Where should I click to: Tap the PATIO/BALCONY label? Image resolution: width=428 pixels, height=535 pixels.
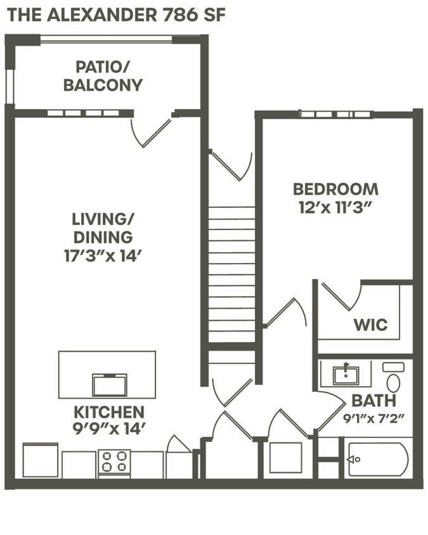[x=103, y=75]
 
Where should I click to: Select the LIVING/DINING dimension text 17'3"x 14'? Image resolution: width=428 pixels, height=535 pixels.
[x=102, y=257]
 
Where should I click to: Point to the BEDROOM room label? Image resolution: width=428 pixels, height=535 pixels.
[x=335, y=189]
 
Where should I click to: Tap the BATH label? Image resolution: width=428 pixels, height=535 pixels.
[x=373, y=401]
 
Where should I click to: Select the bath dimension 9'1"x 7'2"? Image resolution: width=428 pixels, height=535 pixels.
[x=373, y=418]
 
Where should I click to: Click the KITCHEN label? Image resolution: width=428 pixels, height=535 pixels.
[x=108, y=411]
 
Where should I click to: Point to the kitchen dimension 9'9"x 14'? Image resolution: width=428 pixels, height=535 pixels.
[x=108, y=429]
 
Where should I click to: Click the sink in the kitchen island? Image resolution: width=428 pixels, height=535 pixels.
[x=109, y=385]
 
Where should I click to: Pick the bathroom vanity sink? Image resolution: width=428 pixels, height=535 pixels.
[x=346, y=375]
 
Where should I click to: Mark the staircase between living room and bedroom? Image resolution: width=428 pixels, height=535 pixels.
[x=231, y=273]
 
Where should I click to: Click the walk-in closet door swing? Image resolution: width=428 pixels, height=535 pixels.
[x=340, y=297]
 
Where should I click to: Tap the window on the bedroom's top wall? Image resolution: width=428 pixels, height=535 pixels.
[x=335, y=114]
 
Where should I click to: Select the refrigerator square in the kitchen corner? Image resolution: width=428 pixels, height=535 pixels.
[x=41, y=460]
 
